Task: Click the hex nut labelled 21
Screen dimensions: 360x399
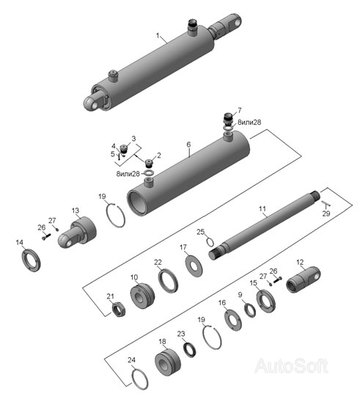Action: (x=119, y=310)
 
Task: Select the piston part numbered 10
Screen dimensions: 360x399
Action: (x=142, y=295)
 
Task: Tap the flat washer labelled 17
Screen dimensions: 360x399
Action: (x=194, y=266)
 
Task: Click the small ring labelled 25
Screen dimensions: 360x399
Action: (x=210, y=241)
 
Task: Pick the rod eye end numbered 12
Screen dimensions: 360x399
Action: (x=303, y=279)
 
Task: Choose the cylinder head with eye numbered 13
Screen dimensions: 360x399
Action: (x=77, y=232)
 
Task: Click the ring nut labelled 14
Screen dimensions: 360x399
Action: (x=31, y=260)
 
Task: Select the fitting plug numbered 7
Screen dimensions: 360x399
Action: (x=228, y=118)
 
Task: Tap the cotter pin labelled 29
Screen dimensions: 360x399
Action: (x=326, y=203)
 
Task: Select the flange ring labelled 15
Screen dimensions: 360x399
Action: (x=266, y=301)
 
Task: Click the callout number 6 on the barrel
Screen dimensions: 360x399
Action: (x=188, y=144)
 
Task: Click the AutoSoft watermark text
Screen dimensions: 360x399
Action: (x=291, y=366)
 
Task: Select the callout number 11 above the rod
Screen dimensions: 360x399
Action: (x=262, y=209)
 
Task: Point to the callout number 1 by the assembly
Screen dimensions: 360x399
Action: (x=158, y=35)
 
